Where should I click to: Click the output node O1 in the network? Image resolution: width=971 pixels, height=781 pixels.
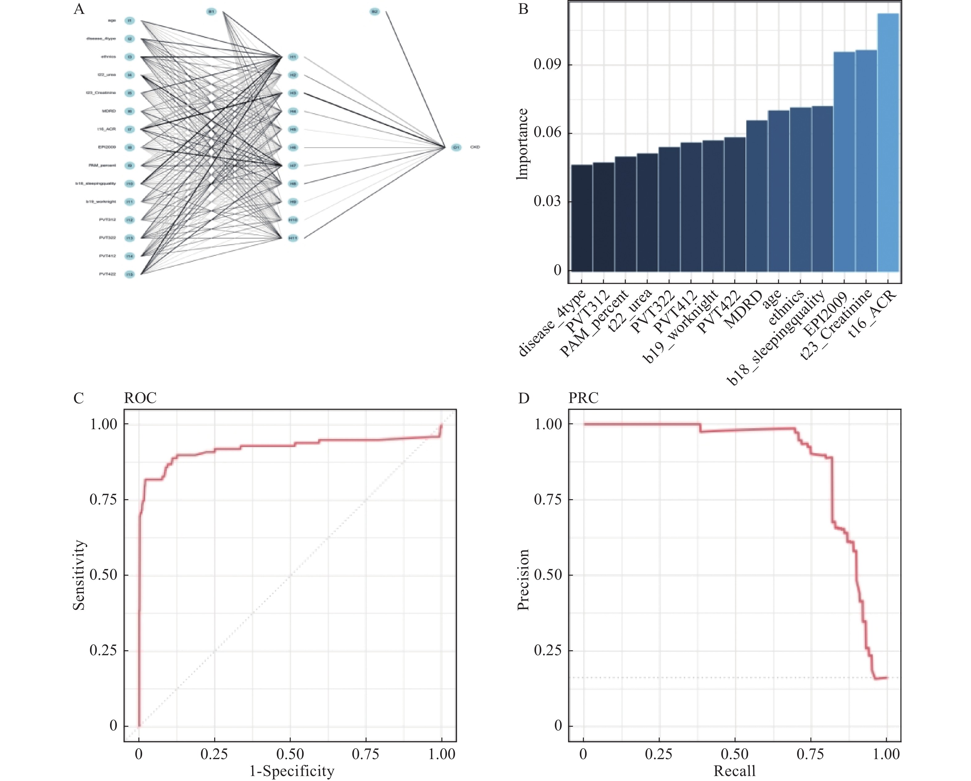tap(456, 147)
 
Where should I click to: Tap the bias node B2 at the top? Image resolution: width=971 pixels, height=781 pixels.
tap(374, 12)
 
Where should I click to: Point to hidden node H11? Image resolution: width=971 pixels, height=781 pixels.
tap(293, 238)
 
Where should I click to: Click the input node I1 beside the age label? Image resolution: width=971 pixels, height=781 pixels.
tap(130, 21)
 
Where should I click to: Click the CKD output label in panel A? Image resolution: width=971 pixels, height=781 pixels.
tap(475, 147)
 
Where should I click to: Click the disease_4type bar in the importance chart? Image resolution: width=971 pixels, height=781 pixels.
tap(582, 218)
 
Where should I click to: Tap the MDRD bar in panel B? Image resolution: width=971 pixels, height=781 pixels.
tap(757, 196)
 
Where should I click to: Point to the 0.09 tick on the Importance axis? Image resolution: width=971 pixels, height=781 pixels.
tap(547, 65)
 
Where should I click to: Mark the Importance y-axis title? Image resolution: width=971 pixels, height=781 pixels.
tap(522, 144)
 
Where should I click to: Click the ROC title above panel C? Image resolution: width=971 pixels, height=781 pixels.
tap(141, 398)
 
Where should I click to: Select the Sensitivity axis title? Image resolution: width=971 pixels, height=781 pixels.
tap(79, 575)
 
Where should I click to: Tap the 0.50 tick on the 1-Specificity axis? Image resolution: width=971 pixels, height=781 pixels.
tap(290, 754)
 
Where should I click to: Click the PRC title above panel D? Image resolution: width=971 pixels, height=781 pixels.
tap(584, 398)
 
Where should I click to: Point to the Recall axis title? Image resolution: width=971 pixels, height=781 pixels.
tap(735, 771)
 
